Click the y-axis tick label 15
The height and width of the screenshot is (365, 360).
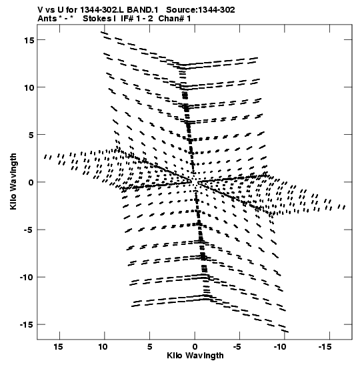click(x=29, y=40)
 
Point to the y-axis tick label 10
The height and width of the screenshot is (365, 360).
click(x=29, y=88)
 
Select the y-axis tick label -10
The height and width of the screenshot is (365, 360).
click(x=26, y=278)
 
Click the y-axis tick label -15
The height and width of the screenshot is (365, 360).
click(x=26, y=325)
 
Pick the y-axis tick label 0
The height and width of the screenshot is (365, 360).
click(x=31, y=183)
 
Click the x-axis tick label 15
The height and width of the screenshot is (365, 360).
click(x=58, y=347)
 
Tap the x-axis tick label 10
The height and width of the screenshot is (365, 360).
click(x=103, y=347)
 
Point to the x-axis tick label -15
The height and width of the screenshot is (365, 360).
click(x=325, y=347)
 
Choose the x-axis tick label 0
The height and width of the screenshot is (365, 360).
click(x=195, y=347)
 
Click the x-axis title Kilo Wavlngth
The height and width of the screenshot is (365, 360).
click(x=195, y=356)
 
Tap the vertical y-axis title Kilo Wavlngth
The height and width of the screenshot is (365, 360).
click(x=13, y=181)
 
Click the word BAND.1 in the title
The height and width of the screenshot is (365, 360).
click(x=143, y=10)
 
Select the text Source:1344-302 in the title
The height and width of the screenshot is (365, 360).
click(x=201, y=10)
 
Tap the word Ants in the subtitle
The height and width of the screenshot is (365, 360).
click(x=47, y=19)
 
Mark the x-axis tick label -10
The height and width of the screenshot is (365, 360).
click(x=280, y=347)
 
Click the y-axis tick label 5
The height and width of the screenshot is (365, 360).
click(x=31, y=135)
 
